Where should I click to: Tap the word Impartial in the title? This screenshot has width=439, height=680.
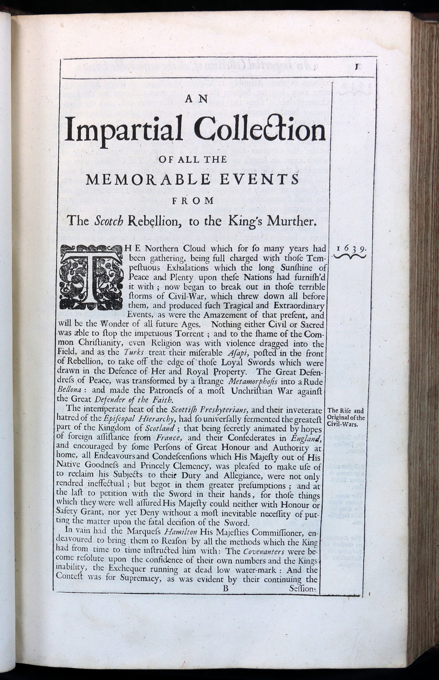click(124, 129)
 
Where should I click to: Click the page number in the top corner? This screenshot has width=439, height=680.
click(357, 67)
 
